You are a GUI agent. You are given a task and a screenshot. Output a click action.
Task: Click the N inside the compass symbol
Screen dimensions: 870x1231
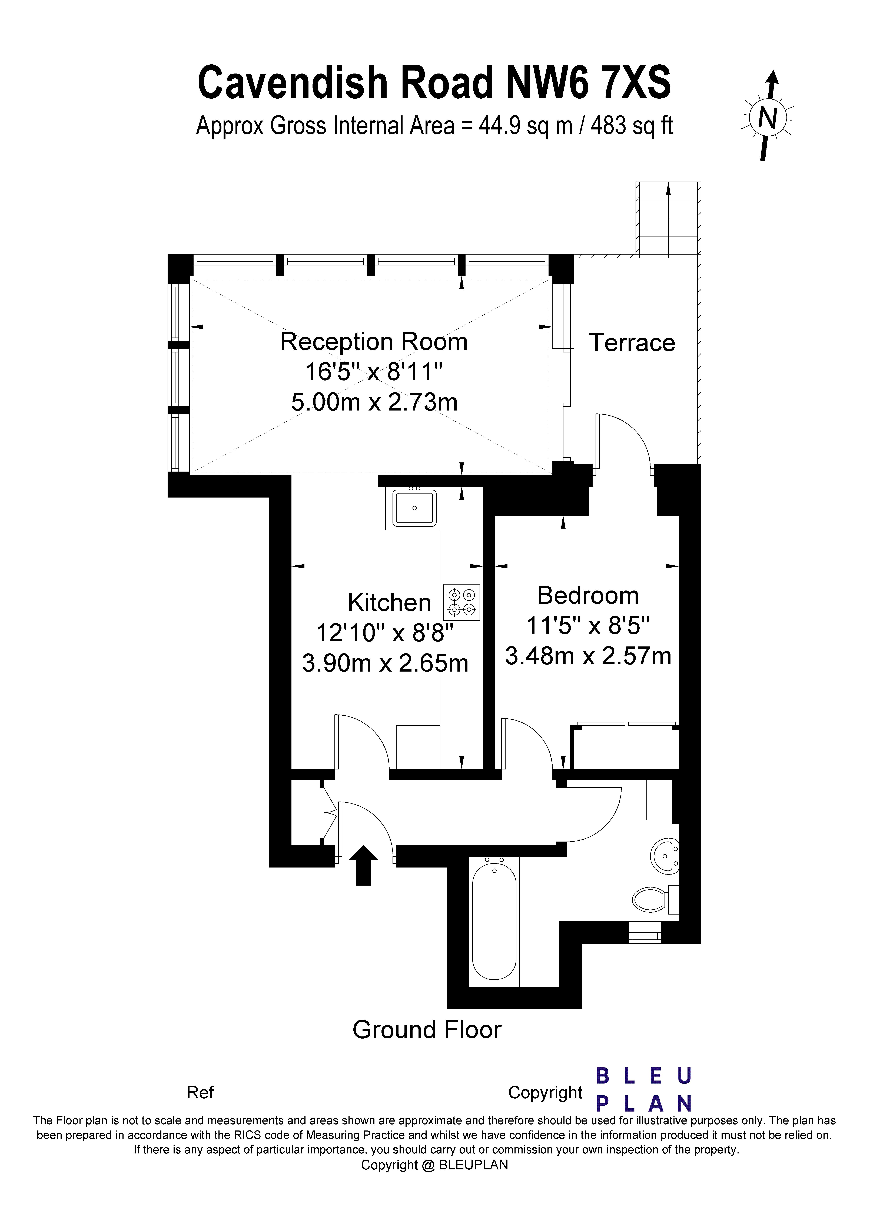[769, 117]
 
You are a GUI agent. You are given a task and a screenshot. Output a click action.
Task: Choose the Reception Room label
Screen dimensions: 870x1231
[374, 342]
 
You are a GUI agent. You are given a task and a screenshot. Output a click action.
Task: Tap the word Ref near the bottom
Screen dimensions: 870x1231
[200, 1092]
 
